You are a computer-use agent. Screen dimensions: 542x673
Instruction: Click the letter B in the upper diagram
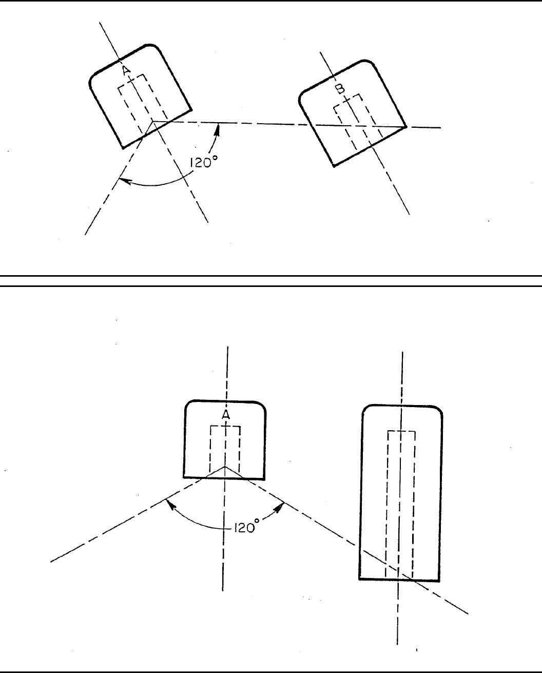(x=340, y=89)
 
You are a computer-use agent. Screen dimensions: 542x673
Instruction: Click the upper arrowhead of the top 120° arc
(x=218, y=128)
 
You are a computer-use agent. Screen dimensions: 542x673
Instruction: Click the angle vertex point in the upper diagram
(x=152, y=122)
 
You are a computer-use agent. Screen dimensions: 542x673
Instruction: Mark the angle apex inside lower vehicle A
(x=225, y=467)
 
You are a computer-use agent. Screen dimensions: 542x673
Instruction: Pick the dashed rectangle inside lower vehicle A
(x=225, y=447)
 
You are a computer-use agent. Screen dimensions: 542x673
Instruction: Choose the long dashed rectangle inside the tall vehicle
(x=400, y=503)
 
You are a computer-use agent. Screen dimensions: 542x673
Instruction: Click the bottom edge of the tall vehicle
(x=399, y=580)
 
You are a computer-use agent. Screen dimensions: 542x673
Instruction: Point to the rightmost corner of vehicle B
(x=406, y=127)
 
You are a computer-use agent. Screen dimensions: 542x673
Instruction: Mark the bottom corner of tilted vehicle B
(x=334, y=166)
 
